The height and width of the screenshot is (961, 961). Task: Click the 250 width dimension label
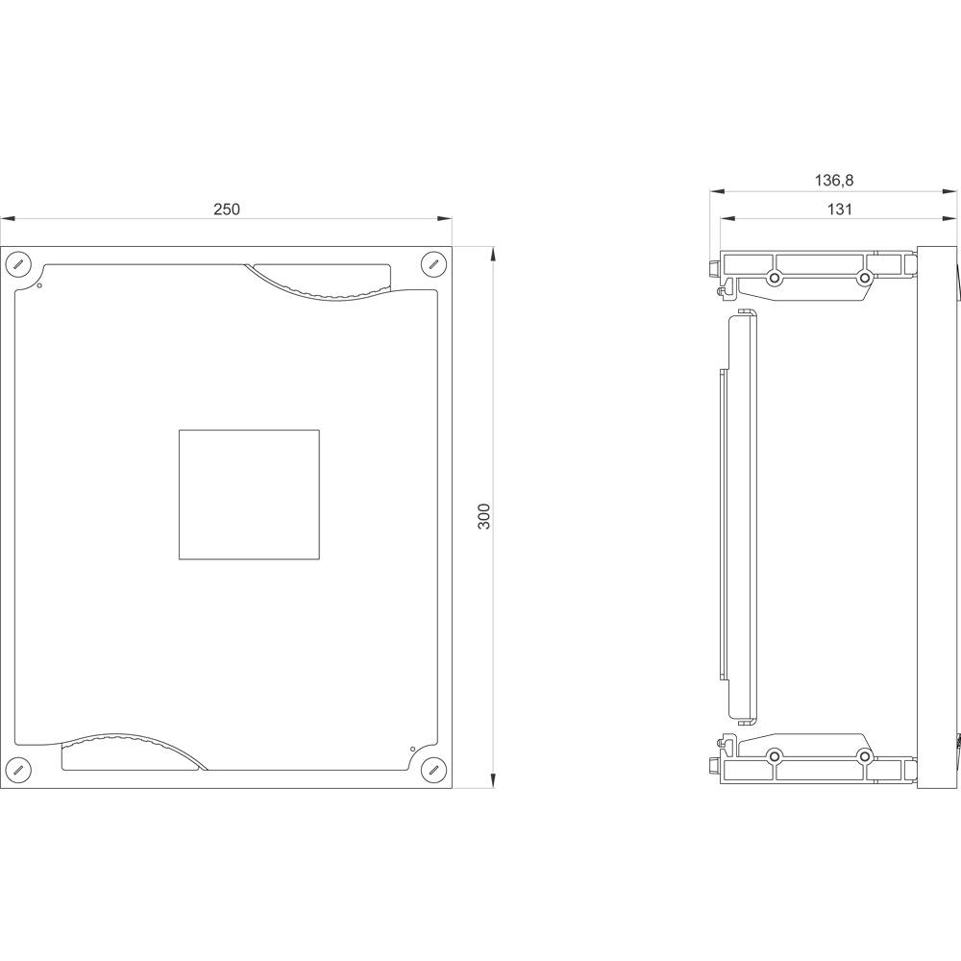click(x=227, y=209)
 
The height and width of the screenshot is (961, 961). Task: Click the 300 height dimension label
click(x=484, y=517)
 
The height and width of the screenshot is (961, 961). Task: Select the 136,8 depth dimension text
click(x=833, y=181)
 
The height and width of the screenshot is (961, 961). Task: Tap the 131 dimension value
click(x=840, y=209)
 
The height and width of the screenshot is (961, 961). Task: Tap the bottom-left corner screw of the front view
click(x=17, y=769)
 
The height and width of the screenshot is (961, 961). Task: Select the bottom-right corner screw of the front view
click(x=434, y=769)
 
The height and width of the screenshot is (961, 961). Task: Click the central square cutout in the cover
click(x=249, y=495)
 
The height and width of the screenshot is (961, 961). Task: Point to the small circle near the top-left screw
click(x=39, y=285)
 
